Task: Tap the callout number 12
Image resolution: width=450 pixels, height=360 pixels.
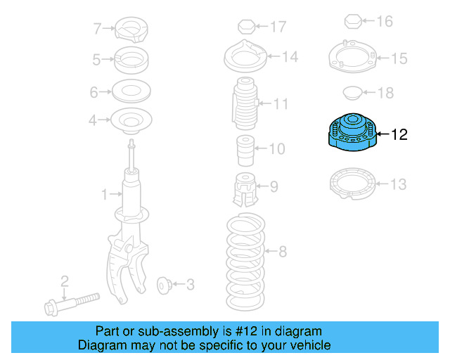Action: [398, 134]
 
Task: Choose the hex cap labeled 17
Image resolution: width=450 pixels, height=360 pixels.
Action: [245, 27]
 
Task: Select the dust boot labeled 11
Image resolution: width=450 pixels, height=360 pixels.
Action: [244, 104]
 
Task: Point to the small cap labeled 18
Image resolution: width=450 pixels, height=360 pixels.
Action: [352, 93]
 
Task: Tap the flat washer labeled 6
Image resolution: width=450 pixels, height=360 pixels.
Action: [131, 91]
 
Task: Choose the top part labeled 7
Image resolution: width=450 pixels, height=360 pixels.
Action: [131, 30]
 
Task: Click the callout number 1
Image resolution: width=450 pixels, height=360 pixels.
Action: [104, 193]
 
